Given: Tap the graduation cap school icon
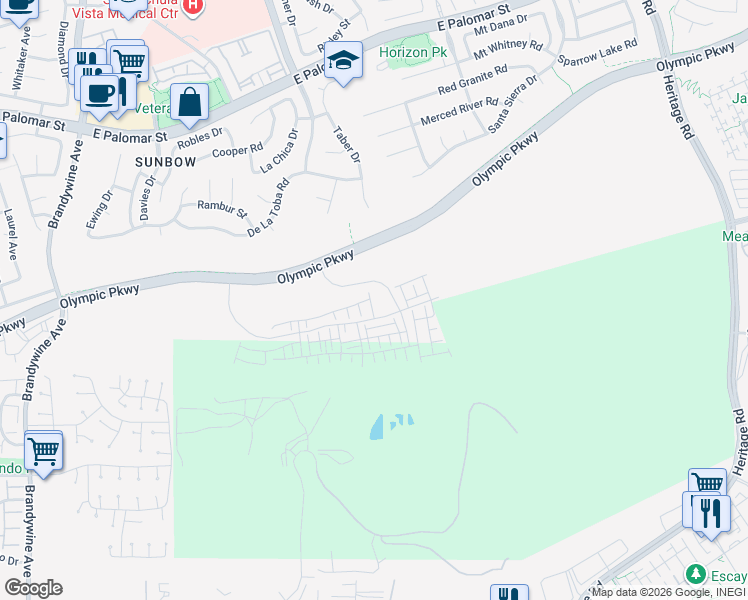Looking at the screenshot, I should point(342,62).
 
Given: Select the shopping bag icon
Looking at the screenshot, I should point(189,101).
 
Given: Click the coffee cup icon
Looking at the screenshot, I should point(99,93).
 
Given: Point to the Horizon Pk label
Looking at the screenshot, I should point(412,52).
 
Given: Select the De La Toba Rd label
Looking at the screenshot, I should point(267,208).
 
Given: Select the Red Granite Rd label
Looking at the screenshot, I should point(472,80).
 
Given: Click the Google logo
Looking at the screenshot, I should point(32,587).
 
